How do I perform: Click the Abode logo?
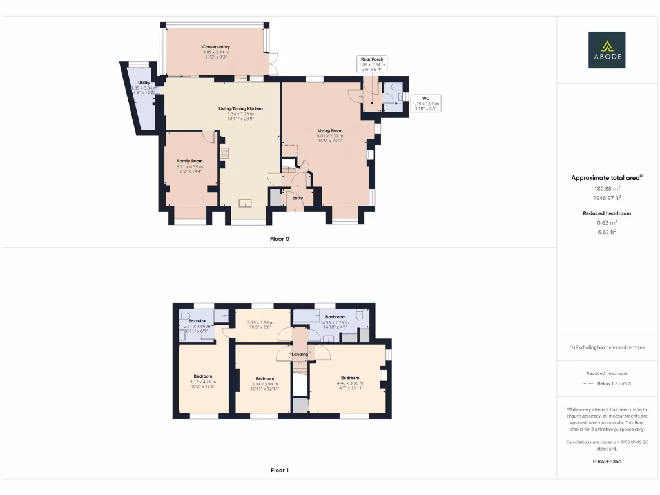606,50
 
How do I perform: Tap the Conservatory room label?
216,47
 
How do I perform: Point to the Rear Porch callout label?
372,59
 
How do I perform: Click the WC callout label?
425,98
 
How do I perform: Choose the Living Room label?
330,131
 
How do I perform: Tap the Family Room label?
189,161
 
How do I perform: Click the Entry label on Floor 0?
297,198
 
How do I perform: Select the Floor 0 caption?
279,238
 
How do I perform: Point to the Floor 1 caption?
279,471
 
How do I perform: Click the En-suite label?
197,320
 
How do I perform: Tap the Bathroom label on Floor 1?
335,317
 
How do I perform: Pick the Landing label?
300,354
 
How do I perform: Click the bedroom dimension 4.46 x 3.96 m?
350,383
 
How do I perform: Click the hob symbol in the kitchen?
224,153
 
